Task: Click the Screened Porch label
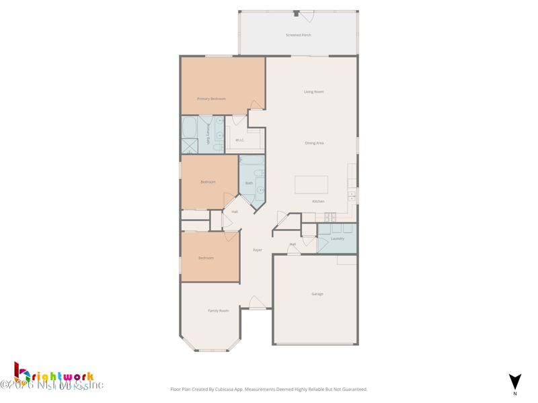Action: point(298,35)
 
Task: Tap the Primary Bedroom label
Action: point(211,99)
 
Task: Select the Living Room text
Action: point(313,91)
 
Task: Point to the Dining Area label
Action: point(314,143)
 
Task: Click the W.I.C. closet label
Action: point(239,140)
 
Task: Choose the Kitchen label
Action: point(318,201)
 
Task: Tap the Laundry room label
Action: point(338,238)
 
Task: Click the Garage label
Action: point(317,294)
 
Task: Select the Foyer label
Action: point(258,250)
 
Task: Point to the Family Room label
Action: point(218,310)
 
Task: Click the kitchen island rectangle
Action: point(311,184)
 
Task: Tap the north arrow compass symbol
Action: point(515,382)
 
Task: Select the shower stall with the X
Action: point(190,146)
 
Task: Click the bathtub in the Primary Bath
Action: point(190,128)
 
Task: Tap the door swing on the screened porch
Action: point(307,16)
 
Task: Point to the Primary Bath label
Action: point(209,133)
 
